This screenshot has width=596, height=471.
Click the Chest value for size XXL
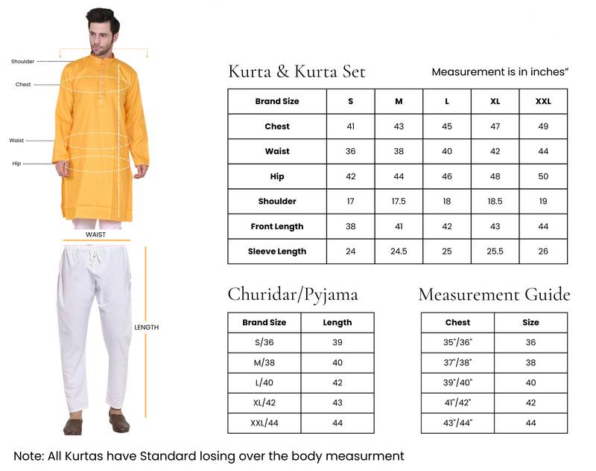[x=543, y=126]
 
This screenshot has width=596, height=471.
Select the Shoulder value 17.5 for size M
[x=399, y=202]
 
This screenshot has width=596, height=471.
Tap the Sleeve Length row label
[x=277, y=251]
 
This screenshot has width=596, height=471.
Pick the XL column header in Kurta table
[x=495, y=101]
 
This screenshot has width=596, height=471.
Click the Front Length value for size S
[x=351, y=226]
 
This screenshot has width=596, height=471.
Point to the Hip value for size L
[x=447, y=176]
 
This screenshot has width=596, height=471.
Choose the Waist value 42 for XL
[x=495, y=151]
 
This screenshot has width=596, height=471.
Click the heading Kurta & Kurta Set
[x=297, y=71]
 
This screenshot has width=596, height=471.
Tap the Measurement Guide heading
[x=494, y=294]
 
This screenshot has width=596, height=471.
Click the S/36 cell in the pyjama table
[x=264, y=343]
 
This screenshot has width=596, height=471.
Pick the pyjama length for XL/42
[x=337, y=403]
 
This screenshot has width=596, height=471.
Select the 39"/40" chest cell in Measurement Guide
[x=457, y=383]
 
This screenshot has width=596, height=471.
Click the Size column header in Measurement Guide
[x=530, y=323]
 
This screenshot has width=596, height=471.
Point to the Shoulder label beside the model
[x=22, y=61]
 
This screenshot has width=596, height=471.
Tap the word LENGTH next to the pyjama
[x=146, y=327]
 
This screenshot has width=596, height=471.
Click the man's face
[x=103, y=31]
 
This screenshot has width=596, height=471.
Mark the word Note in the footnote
[x=28, y=455]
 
